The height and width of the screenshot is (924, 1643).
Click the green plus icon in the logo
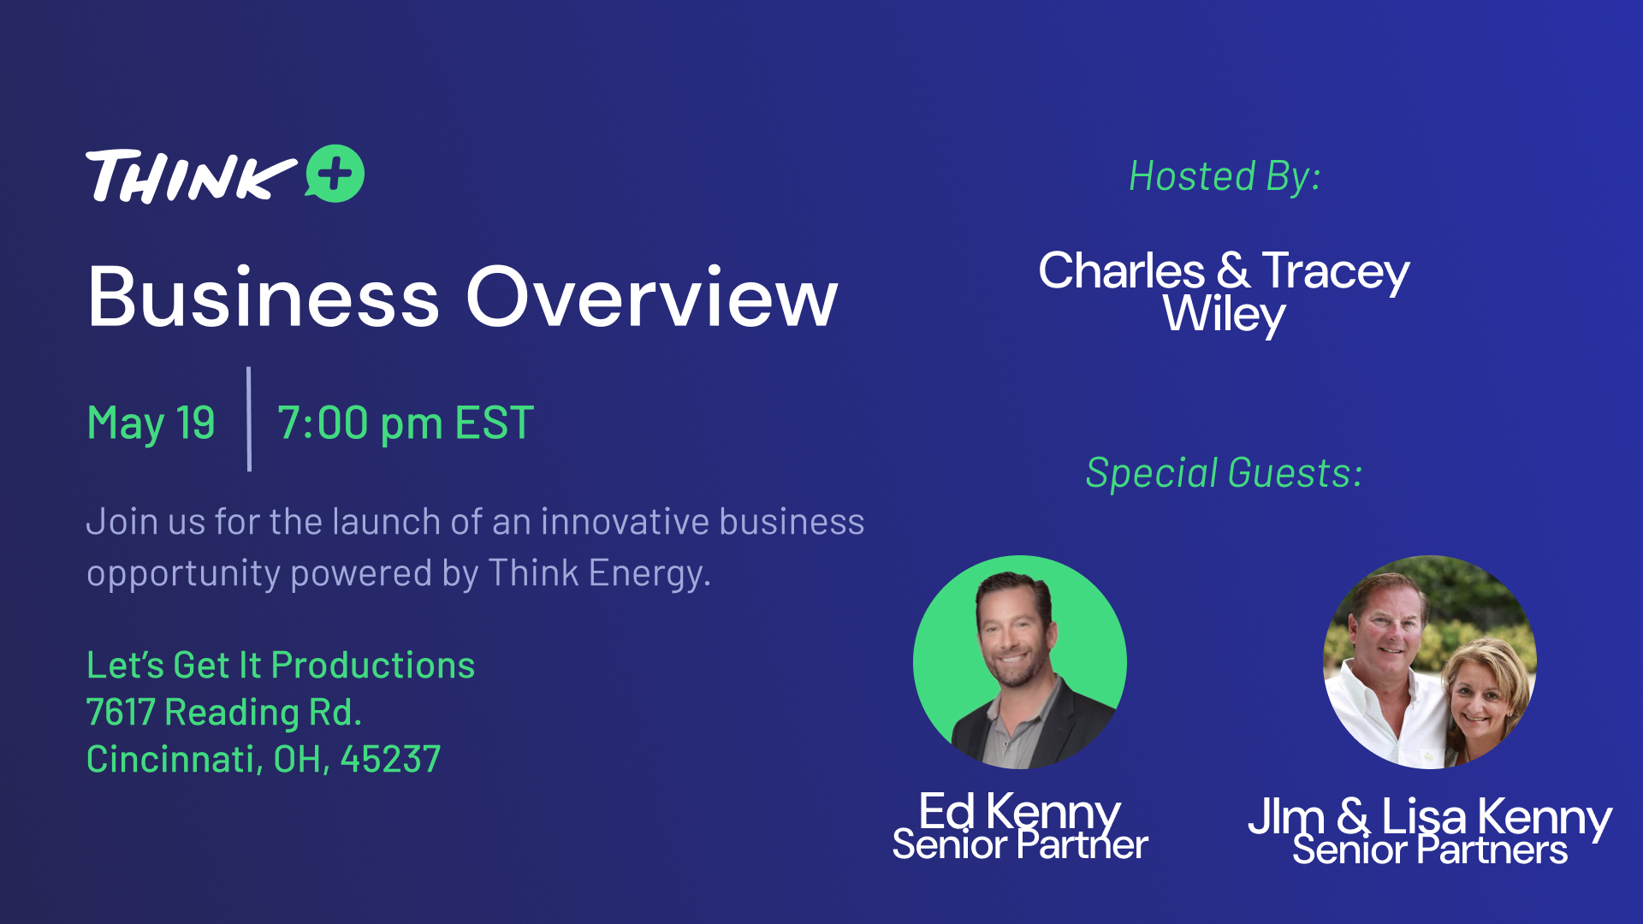[335, 174]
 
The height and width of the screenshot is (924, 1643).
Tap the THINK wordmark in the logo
[191, 176]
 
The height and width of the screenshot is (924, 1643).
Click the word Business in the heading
[264, 297]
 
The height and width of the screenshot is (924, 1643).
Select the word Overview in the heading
[652, 297]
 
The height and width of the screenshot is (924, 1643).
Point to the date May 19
[151, 423]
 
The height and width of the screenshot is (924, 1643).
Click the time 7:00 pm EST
[406, 423]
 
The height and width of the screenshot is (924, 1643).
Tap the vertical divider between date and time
[249, 419]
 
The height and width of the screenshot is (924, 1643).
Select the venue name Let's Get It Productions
[281, 665]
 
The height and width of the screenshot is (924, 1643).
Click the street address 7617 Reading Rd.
[224, 712]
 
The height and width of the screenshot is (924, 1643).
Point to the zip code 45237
[391, 759]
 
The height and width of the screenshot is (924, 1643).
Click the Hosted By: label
[1225, 177]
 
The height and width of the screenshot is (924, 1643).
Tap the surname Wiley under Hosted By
[1224, 315]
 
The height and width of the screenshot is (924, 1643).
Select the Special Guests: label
[1224, 473]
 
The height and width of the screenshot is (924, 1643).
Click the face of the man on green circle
[1016, 634]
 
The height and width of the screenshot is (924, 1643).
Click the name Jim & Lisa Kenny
[1430, 816]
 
